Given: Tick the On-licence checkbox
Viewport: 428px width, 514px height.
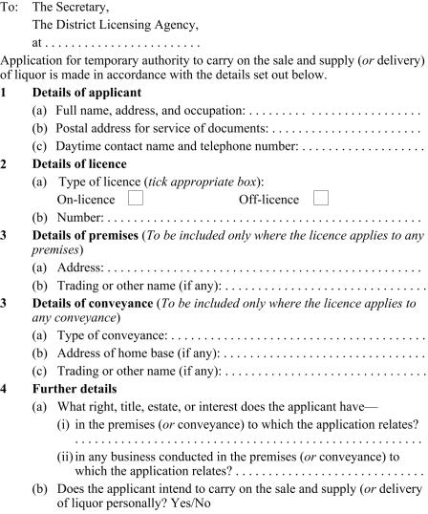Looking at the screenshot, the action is (136, 199).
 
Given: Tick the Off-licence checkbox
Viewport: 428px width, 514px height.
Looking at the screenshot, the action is (320, 199).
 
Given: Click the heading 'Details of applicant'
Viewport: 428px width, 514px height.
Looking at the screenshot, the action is (85, 94).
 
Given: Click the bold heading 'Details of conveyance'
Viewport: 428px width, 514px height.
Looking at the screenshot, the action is (93, 303).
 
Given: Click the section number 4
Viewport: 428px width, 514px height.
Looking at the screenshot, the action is (5, 390).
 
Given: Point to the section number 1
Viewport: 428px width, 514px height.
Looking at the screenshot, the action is (5, 94).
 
